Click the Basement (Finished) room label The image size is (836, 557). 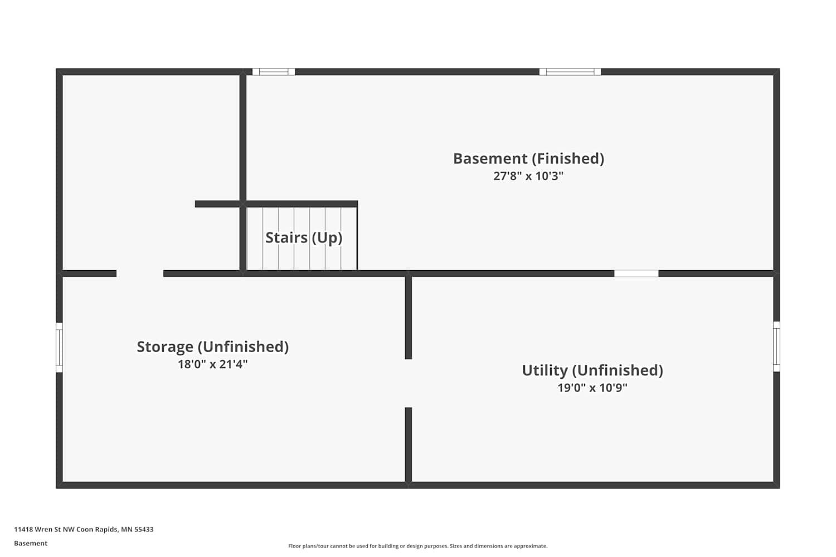point(528,159)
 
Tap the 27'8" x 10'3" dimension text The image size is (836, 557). point(528,176)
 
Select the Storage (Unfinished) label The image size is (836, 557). point(213,347)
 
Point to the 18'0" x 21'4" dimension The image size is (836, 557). point(213,364)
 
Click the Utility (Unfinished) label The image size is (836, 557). point(592,371)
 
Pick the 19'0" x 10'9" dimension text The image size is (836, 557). point(592,388)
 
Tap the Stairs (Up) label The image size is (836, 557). point(304,238)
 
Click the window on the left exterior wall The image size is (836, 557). point(59,348)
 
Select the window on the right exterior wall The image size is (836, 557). point(777,346)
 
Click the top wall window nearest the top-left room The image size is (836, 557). point(274,72)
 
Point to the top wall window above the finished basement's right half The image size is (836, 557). point(570,72)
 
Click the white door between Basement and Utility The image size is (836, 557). point(636,273)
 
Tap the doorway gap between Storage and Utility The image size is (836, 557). point(409,383)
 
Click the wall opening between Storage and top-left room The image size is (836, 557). point(140,273)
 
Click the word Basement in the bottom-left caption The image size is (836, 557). point(31,543)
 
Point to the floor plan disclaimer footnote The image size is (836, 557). point(417,546)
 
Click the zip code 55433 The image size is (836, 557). point(144,529)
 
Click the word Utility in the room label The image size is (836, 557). point(545,370)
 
